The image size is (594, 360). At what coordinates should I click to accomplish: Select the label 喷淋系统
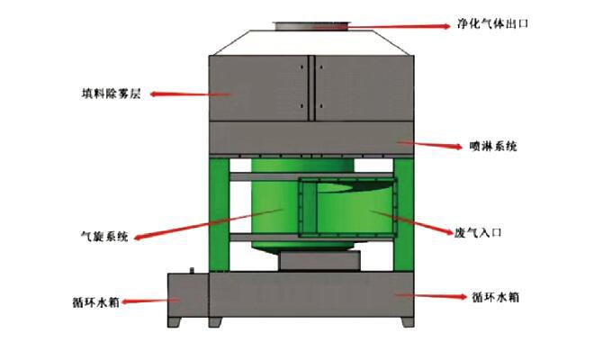click(493, 146)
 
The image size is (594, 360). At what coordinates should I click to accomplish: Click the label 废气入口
click(478, 232)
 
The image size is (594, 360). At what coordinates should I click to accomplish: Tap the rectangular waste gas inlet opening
click(346, 214)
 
